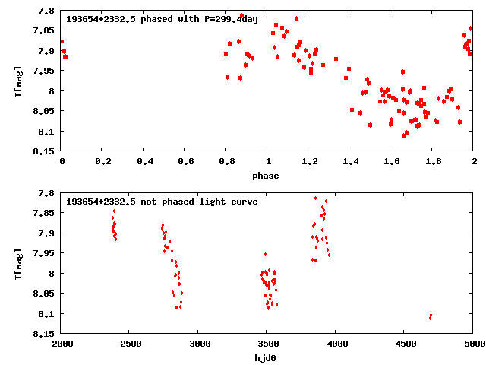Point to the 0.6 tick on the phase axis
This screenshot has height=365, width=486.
185,161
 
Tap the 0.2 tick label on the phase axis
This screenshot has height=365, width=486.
103,161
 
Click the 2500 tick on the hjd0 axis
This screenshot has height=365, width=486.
131,344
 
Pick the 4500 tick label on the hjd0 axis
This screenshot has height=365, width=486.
405,344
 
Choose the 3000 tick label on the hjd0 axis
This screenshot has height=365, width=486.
199,344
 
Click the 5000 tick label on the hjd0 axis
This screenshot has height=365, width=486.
473,344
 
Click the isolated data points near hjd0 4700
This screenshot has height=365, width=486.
430,316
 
